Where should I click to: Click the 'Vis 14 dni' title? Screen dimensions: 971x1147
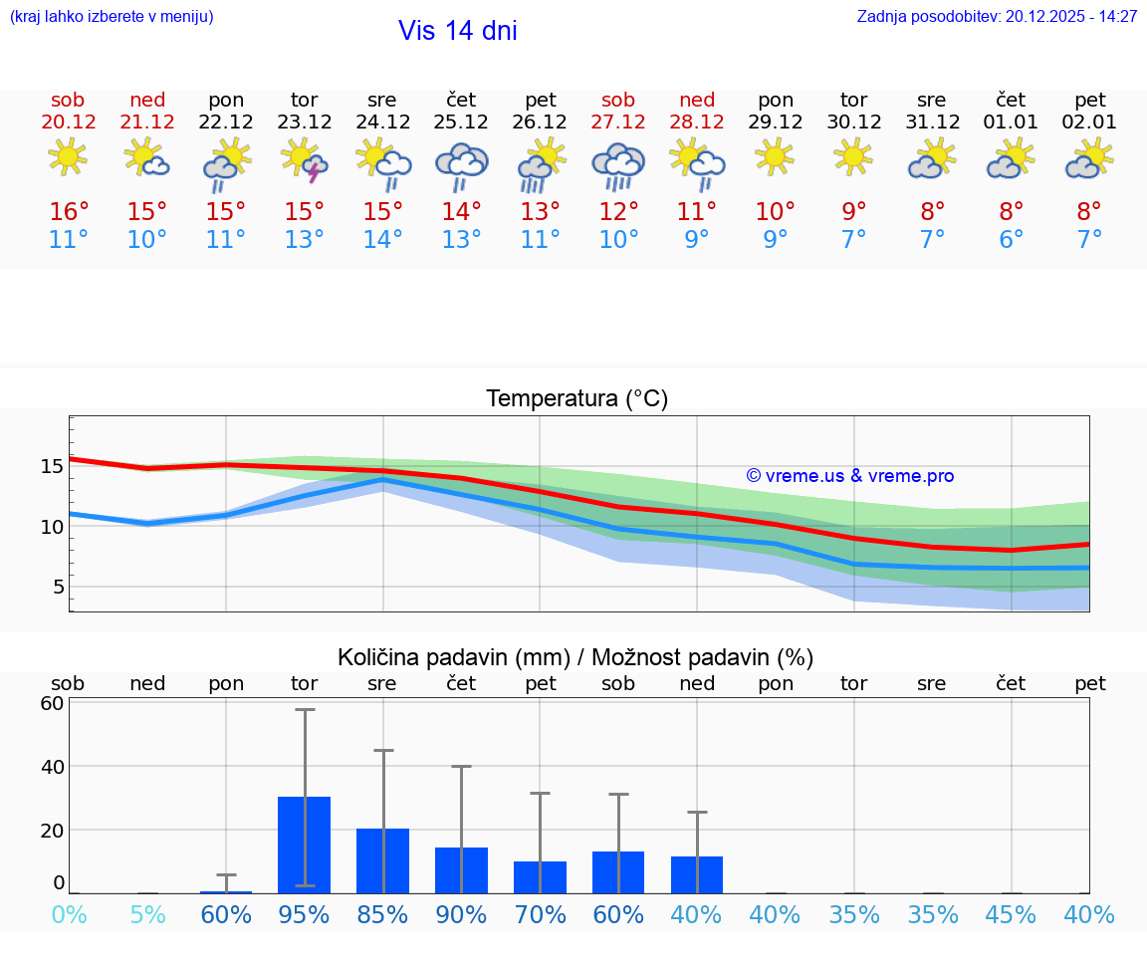tap(457, 31)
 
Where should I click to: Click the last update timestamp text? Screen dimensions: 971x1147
tap(997, 17)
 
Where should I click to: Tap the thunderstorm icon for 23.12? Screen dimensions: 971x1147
tap(305, 161)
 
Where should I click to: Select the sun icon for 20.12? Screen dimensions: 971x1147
tap(68, 156)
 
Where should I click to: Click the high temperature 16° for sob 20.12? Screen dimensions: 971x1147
tap(69, 212)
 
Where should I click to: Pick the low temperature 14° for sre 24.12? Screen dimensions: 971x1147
tap(383, 240)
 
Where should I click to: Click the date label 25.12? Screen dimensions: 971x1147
tap(461, 122)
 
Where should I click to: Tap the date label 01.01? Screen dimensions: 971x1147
tap(1012, 122)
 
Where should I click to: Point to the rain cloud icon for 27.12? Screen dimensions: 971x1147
tap(618, 164)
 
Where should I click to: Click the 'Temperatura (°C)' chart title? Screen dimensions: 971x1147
tap(576, 399)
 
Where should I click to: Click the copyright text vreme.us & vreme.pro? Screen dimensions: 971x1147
tap(849, 476)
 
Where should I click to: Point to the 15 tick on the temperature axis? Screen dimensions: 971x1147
tap(53, 466)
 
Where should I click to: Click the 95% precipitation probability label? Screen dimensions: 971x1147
tap(305, 915)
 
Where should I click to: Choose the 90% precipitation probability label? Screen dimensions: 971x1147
tap(461, 915)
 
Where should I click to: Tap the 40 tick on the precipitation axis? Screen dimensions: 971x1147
tap(53, 767)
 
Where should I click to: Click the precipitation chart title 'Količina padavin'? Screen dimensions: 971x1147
tap(575, 657)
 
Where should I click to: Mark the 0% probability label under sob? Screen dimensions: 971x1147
tap(69, 915)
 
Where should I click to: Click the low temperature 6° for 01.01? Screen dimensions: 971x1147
tap(1012, 240)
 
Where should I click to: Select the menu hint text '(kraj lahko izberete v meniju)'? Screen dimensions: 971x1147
tap(111, 17)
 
